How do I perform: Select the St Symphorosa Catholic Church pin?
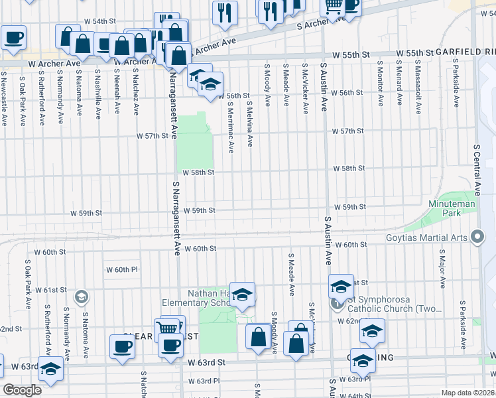click(337, 304)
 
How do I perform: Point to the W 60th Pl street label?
click(121, 269)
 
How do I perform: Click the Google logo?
click(22, 390)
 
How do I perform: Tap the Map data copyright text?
click(468, 393)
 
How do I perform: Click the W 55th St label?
click(414, 52)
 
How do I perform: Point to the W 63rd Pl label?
click(203, 381)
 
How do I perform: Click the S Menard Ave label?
click(399, 84)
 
